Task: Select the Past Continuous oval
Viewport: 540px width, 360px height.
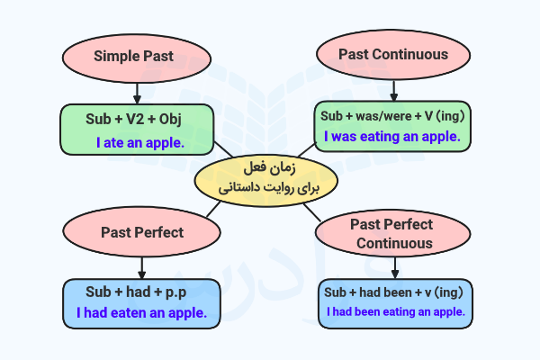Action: [393, 54]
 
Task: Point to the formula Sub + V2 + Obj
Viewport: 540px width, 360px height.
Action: [138, 118]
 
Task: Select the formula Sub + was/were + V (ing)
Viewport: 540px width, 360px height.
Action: [392, 116]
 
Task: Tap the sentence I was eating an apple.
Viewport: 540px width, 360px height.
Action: [392, 137]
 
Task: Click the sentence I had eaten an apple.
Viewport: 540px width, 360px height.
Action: [141, 313]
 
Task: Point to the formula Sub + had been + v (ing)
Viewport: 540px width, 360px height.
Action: [392, 292]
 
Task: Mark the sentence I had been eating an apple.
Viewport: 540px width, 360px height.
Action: [396, 311]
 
